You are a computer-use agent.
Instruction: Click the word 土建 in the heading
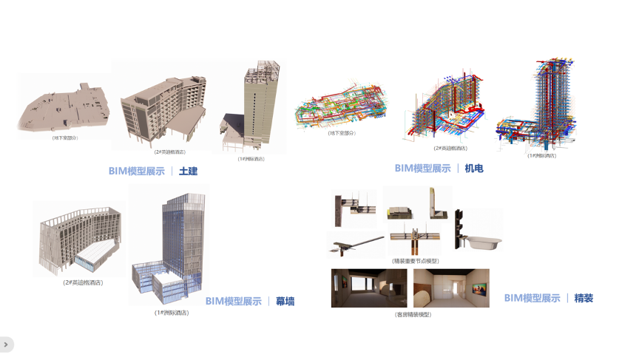tap(188, 171)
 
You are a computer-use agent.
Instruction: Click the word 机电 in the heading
tap(473, 169)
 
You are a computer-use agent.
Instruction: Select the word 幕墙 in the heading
tap(285, 302)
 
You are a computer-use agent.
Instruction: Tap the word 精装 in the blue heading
tap(584, 299)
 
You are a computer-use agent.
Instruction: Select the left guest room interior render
tap(369, 288)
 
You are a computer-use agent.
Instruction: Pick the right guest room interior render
tap(450, 288)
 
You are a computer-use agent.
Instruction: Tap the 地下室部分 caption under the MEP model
tap(342, 133)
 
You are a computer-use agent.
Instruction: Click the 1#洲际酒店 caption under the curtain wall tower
tap(171, 313)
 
